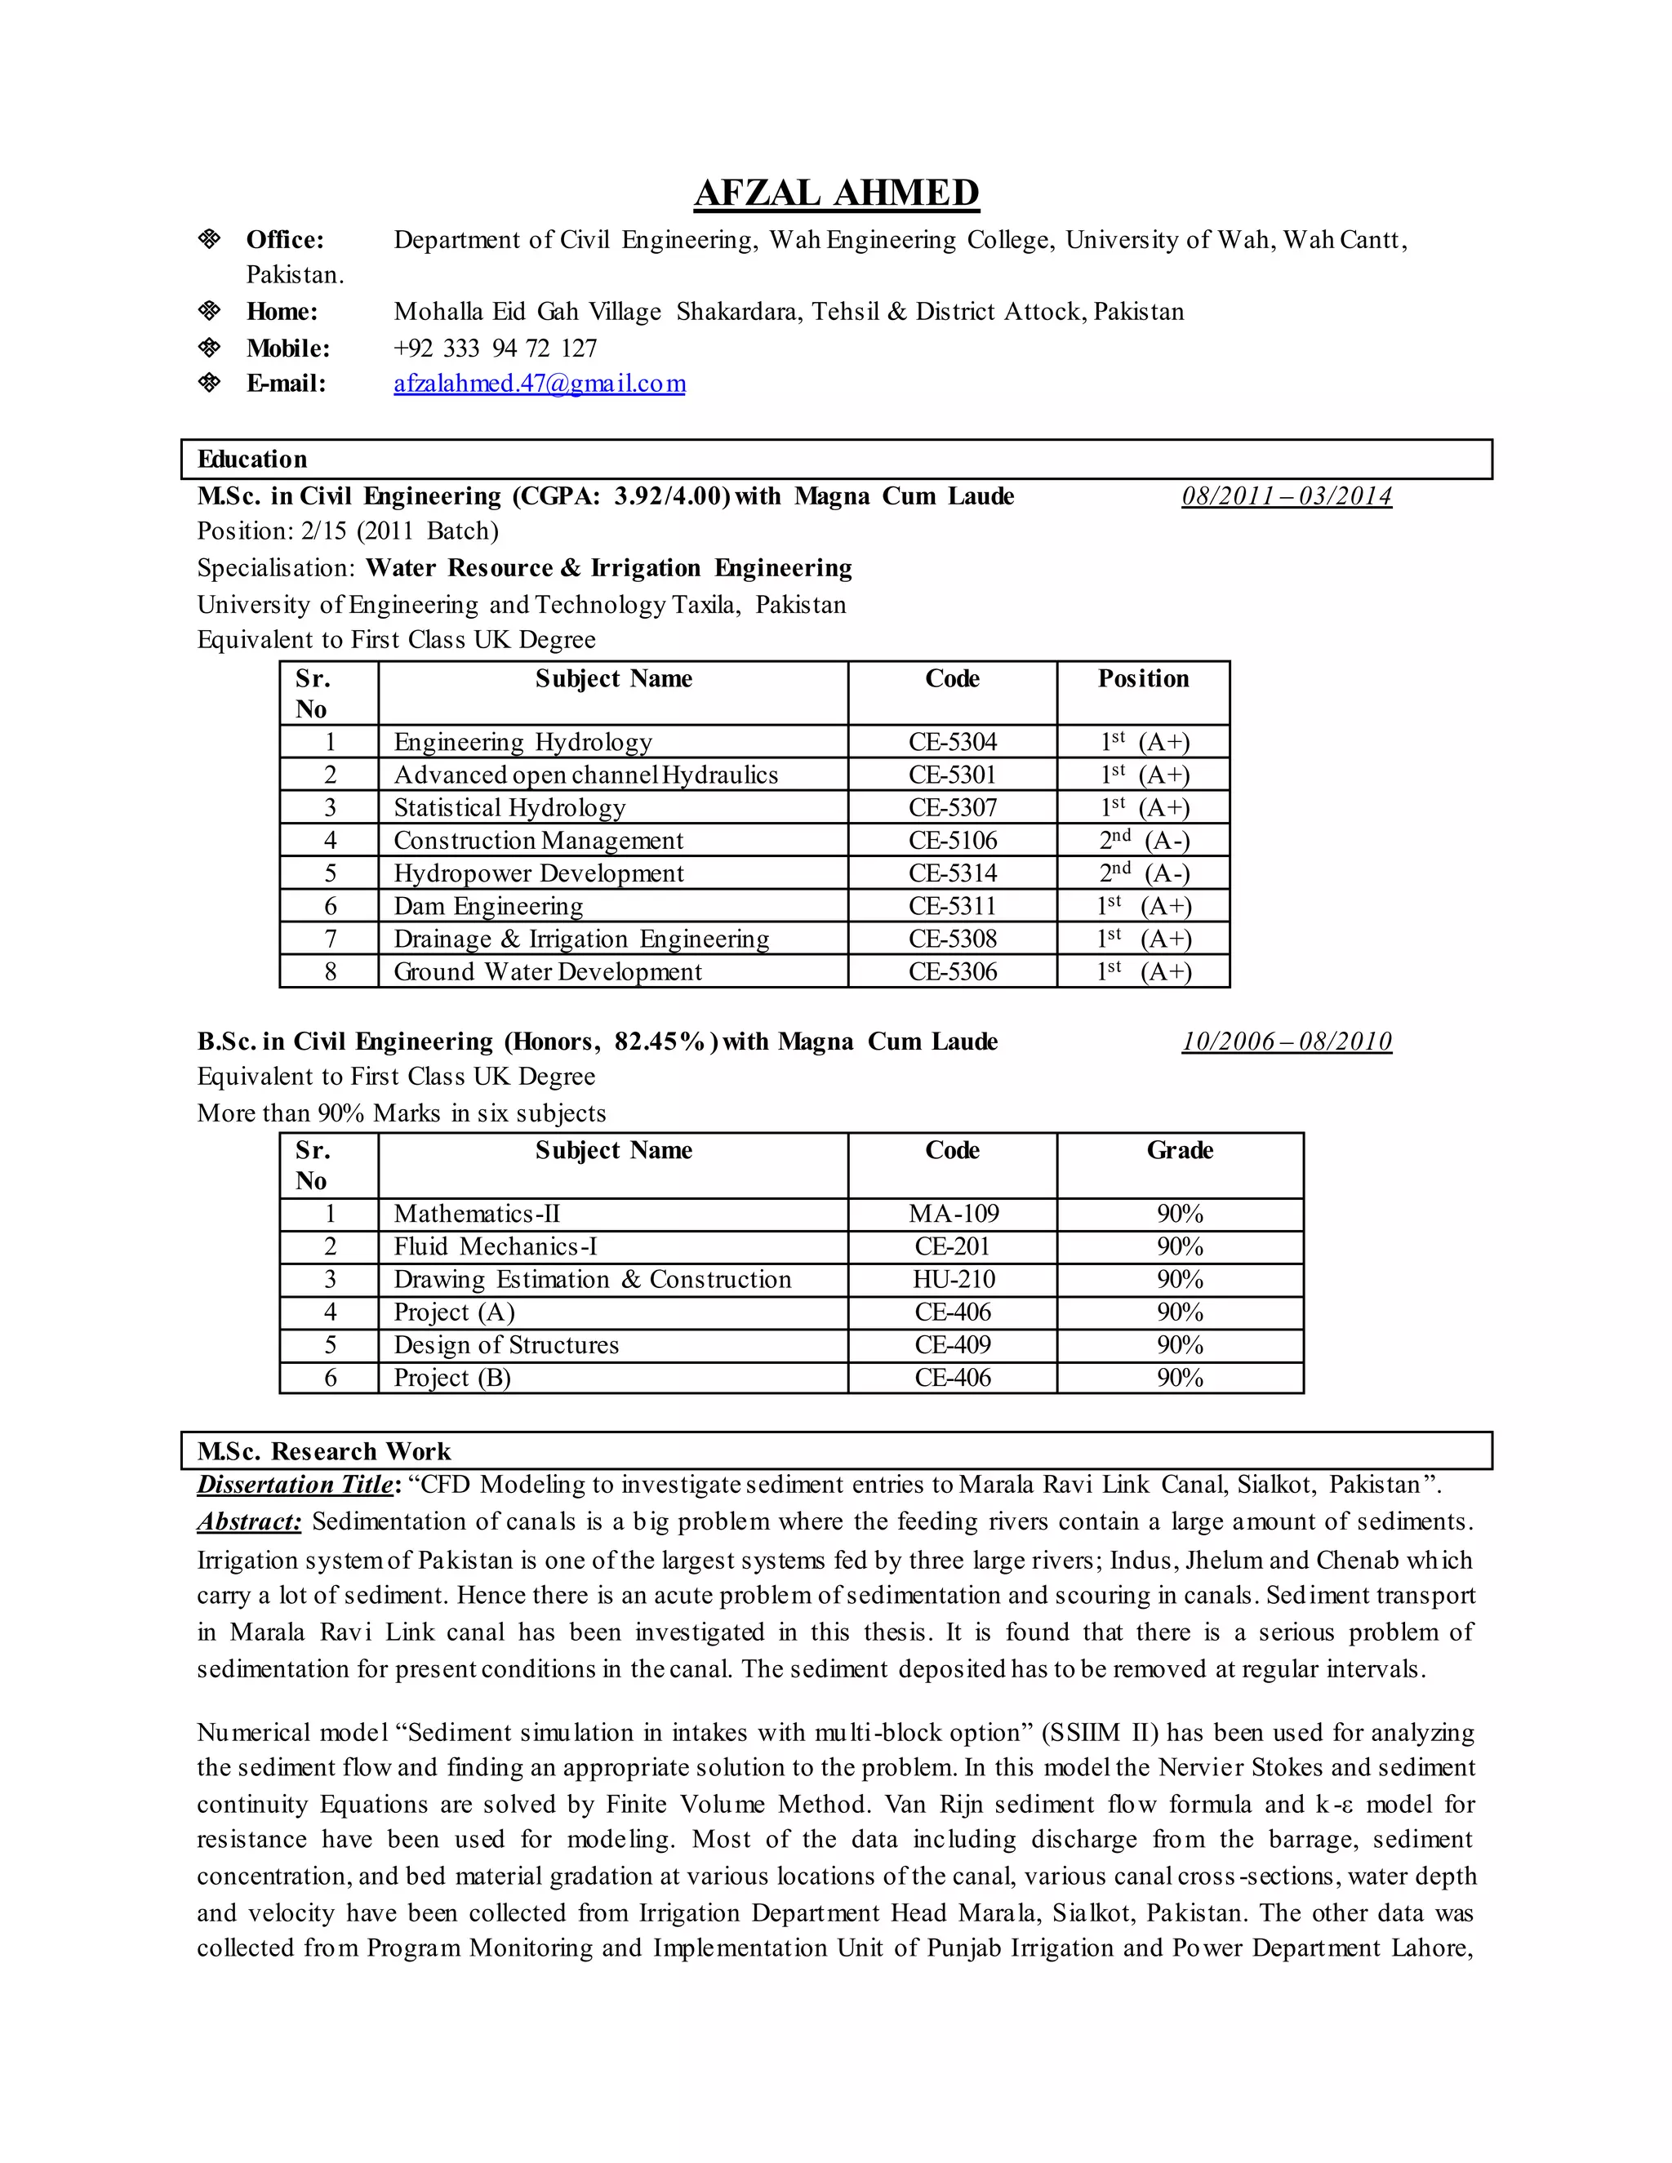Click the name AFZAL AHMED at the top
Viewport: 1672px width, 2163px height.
(836, 193)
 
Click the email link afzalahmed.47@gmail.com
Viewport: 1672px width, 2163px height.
(539, 384)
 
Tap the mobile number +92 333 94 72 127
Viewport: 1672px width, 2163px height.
(496, 348)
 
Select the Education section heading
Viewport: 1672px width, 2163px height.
(251, 459)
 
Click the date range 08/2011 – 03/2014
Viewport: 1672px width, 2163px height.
(1286, 496)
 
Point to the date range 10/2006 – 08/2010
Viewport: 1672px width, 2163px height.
(1286, 1041)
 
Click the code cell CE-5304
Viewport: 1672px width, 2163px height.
(952, 742)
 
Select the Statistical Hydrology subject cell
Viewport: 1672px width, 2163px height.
(509, 807)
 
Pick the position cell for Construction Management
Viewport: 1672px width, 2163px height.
(1143, 840)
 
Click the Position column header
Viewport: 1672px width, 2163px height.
(1143, 678)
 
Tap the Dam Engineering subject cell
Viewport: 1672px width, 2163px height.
(488, 905)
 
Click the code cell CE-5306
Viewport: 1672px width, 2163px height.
(952, 971)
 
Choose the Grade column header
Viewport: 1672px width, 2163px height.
(1179, 1150)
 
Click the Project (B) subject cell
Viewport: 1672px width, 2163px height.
(451, 1378)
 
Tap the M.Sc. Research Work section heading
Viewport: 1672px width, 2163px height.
(323, 1451)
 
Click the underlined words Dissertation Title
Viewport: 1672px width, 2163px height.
(294, 1485)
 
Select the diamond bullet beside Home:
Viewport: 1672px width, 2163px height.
(209, 311)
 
